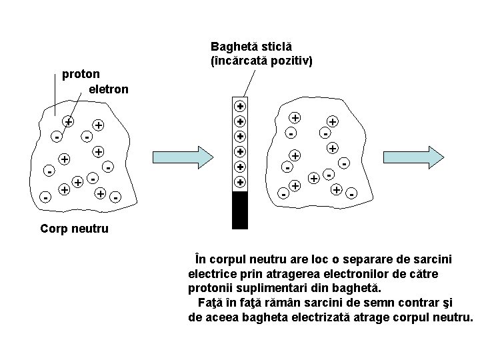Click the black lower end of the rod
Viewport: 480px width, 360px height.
tap(240, 210)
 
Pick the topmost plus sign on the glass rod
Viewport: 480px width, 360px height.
tap(240, 106)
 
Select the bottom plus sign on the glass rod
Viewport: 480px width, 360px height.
tap(240, 181)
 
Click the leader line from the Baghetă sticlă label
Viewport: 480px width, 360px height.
tap(248, 83)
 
